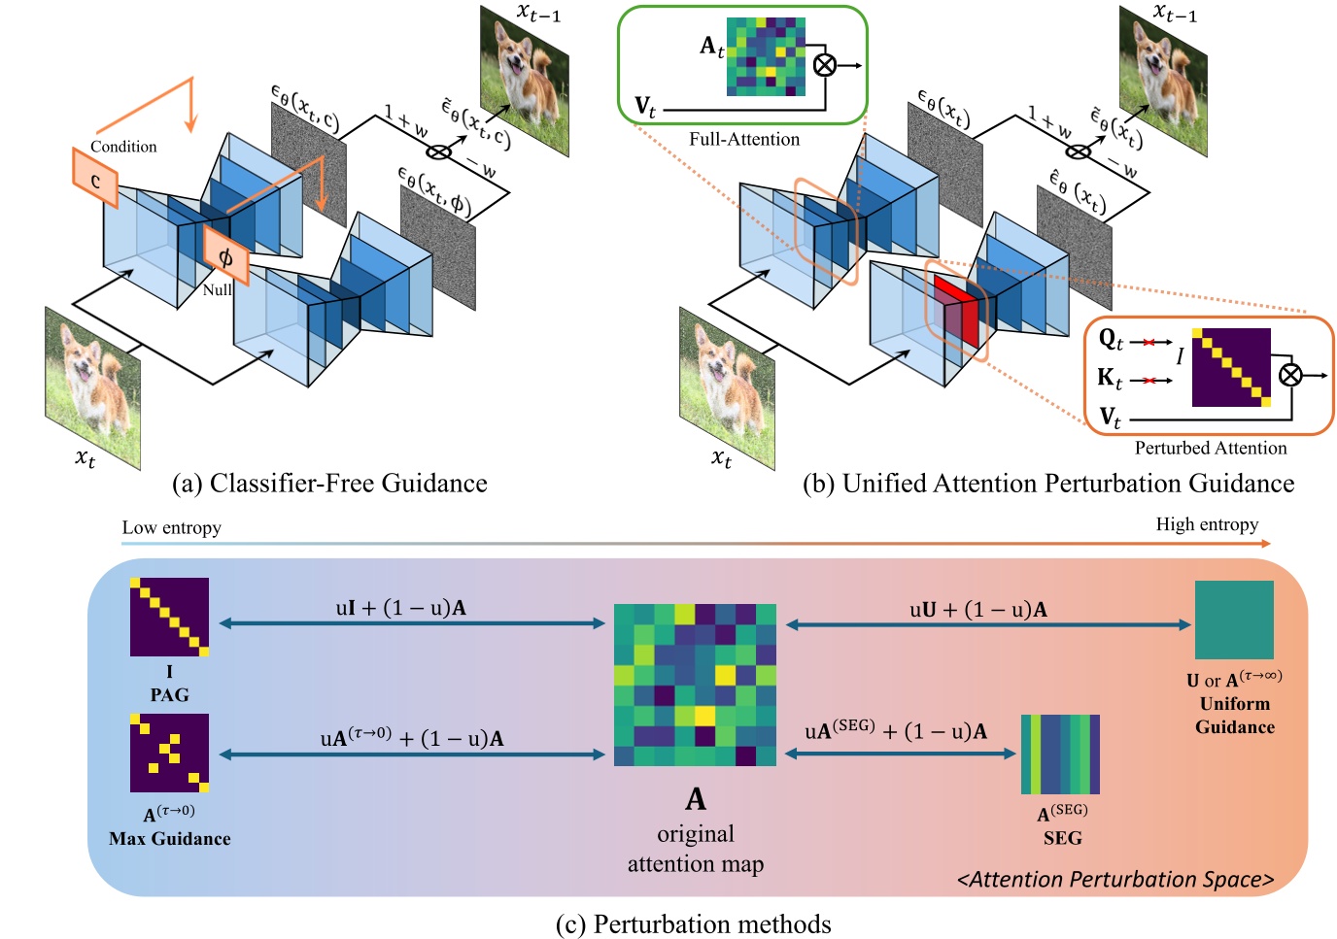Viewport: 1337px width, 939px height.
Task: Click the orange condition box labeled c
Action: tap(95, 179)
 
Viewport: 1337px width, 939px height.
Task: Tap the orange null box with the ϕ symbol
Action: tap(225, 256)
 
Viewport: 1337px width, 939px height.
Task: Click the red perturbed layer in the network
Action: tap(956, 309)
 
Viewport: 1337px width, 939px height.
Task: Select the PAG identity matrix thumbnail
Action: tap(169, 618)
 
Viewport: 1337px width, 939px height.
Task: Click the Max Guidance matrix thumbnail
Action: tap(169, 753)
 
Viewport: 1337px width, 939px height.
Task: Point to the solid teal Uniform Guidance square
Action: tap(1234, 620)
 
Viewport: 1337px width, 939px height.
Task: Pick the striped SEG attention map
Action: tap(1060, 755)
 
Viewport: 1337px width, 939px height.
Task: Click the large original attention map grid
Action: tap(696, 685)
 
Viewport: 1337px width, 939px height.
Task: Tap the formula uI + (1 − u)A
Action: tap(400, 609)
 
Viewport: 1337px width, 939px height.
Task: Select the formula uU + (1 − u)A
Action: tap(978, 610)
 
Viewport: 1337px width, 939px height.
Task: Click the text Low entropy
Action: tap(171, 528)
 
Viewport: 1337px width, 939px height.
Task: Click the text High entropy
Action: tap(1207, 524)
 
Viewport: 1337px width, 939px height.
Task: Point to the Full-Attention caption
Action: tap(744, 139)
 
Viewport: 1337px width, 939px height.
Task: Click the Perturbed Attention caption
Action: tap(1211, 448)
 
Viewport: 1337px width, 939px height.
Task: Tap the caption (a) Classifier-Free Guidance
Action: tap(329, 484)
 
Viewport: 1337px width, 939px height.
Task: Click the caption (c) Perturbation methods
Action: tap(693, 923)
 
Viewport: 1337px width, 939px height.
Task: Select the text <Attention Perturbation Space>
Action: tap(1115, 880)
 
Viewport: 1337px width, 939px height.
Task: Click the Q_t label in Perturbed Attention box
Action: tap(1111, 340)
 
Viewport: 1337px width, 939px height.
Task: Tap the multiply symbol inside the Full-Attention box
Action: tap(824, 65)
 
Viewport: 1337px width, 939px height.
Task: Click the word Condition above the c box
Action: tap(123, 147)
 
